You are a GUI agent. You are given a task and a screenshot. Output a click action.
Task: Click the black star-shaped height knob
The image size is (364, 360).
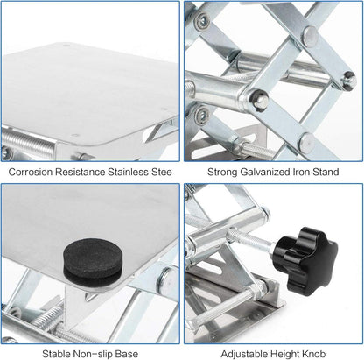[x=306, y=257]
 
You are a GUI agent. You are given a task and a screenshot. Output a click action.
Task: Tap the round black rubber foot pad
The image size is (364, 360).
[x=93, y=262]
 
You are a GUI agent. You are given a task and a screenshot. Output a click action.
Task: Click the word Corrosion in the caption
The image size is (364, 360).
[x=31, y=172]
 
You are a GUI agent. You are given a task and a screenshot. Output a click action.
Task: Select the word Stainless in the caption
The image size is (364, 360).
[x=128, y=172]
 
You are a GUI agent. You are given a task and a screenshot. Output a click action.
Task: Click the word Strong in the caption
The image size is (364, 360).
[x=222, y=172]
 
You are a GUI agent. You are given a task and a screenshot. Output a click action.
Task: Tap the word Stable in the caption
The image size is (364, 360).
[x=56, y=354]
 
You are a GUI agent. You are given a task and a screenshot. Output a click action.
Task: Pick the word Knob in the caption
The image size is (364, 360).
[x=314, y=354]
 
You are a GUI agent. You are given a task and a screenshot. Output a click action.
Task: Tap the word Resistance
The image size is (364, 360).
[x=80, y=172]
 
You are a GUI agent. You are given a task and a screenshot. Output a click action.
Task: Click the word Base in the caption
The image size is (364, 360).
[x=127, y=354]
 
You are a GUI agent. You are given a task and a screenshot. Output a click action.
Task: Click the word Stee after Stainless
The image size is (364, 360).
[x=161, y=172]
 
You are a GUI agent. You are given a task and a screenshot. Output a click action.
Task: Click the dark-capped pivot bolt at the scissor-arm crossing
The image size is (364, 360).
[x=258, y=99]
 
